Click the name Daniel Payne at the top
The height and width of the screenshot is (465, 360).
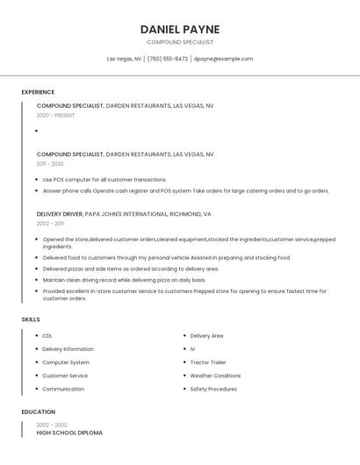179,29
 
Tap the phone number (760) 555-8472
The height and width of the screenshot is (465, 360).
168,59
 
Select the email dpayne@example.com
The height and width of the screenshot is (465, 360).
223,59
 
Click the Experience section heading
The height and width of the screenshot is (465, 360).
38,92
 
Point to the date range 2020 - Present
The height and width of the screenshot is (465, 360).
55,115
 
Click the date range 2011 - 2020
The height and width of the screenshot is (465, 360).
50,164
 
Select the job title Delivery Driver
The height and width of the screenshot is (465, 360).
60,214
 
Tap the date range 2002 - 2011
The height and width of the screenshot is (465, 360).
50,224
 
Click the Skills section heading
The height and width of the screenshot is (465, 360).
31,319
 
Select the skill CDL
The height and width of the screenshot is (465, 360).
47,335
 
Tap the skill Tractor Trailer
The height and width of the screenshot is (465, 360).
208,362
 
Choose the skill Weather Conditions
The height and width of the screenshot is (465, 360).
215,376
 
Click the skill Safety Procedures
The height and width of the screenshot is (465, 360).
213,389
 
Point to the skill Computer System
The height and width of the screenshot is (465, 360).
66,362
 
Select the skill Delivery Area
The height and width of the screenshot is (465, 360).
206,335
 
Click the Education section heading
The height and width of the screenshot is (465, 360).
39,411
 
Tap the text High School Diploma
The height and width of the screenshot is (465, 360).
69,433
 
